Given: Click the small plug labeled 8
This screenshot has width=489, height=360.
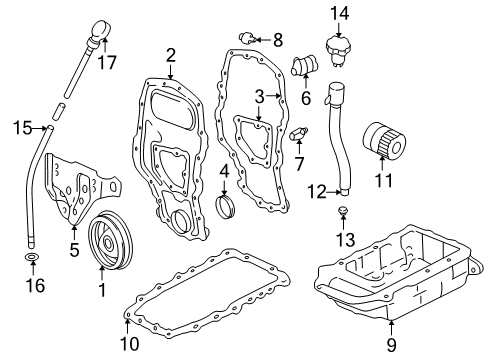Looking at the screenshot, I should click(x=247, y=39).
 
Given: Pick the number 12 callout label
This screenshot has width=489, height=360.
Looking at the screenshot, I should click(x=316, y=190).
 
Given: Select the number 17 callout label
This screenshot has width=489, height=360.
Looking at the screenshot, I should click(x=106, y=62).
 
